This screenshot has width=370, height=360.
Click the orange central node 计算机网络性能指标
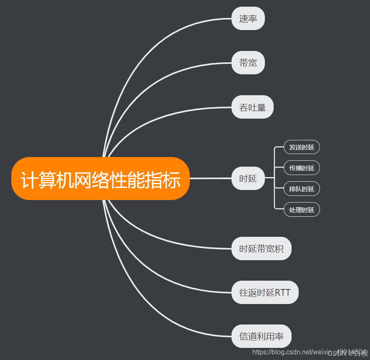pos(101,179)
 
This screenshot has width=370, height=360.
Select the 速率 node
pos(248,19)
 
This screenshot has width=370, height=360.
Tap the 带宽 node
pos(248,63)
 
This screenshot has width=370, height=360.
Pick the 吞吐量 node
pos(252,107)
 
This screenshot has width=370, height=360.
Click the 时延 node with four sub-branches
pos(248,178)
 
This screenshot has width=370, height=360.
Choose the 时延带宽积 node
pos(261,249)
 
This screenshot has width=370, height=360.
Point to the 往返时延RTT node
pos(265,292)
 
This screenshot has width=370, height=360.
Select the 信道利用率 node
pos(261,337)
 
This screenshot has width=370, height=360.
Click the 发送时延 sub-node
pos(302,147)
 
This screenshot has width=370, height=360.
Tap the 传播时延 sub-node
pos(302,168)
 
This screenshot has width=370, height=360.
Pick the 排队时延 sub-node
pos(302,189)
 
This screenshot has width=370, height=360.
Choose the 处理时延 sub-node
pos(302,210)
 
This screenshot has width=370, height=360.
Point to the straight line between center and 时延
pos(211,178)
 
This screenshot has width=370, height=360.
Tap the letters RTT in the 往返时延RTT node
pos(283,292)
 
